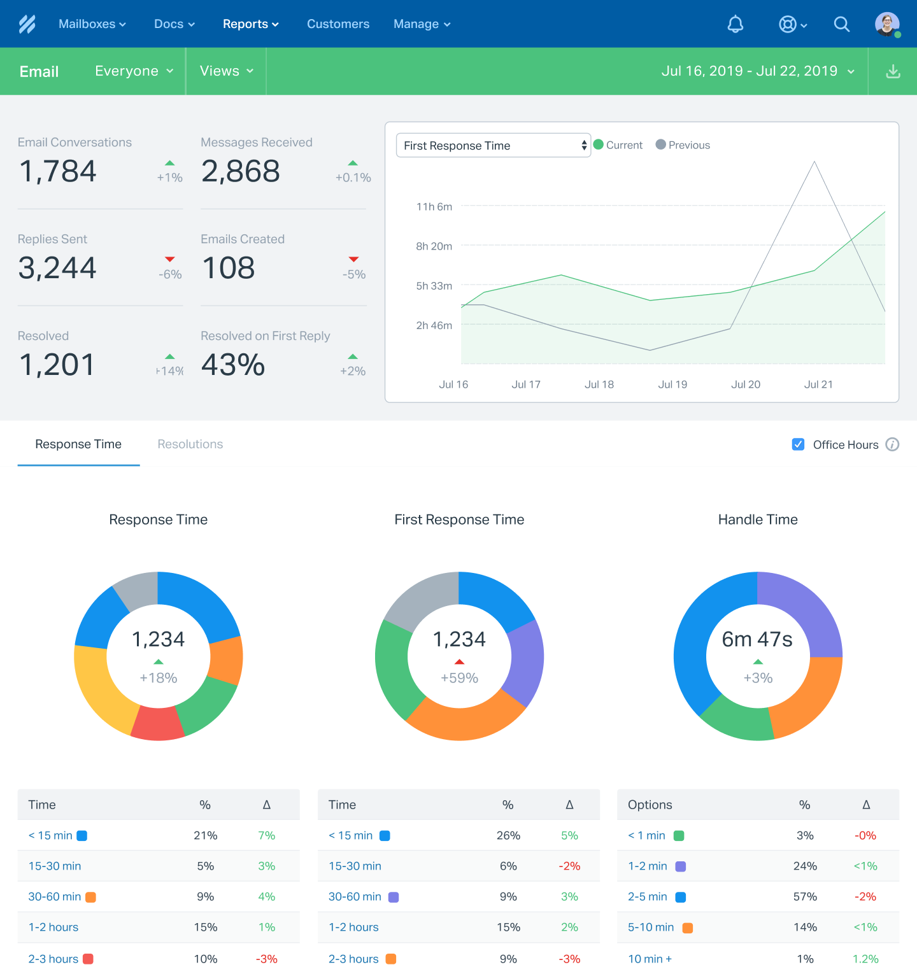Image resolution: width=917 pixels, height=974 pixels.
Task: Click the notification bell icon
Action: [736, 24]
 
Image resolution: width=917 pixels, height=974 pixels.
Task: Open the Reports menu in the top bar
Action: [250, 24]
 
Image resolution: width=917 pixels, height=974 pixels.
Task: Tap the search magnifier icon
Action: [842, 24]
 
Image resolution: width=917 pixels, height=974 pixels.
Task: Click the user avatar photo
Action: [887, 24]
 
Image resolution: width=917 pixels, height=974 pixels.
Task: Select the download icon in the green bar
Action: [893, 71]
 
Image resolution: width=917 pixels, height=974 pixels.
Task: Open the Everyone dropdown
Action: [134, 71]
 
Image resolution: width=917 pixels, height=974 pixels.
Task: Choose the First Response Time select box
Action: [494, 145]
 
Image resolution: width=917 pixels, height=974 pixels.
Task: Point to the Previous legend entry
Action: [683, 145]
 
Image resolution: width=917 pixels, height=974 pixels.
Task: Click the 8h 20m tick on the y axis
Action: [434, 246]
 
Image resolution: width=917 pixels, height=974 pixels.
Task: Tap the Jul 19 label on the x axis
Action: [672, 385]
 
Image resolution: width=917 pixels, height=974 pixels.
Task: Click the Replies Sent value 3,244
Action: [57, 268]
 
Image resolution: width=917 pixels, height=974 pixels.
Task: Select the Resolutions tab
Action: [190, 444]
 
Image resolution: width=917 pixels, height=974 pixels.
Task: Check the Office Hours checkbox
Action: [798, 444]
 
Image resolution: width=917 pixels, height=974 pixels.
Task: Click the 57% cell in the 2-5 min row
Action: [805, 897]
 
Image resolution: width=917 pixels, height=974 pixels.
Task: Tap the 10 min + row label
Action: [650, 959]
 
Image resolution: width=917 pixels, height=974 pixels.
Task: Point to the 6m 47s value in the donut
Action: [757, 639]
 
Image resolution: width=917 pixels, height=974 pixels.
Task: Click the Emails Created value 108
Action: [229, 268]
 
